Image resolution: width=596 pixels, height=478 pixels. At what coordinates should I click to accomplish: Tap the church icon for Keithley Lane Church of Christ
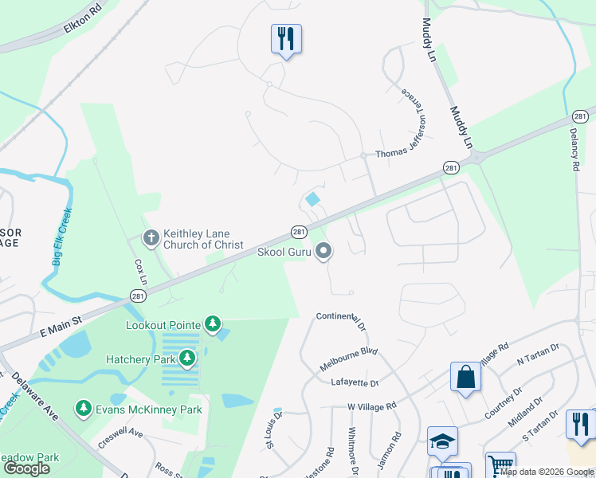pos(151,237)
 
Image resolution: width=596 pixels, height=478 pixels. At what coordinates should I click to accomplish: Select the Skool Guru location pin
pos(323,252)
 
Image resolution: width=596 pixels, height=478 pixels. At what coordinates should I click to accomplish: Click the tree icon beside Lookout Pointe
pos(212,323)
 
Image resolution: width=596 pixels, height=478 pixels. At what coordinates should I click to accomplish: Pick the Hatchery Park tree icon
pos(187,358)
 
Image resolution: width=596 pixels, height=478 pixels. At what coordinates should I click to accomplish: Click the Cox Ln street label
pos(141,271)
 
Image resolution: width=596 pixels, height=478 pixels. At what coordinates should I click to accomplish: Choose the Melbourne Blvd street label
pos(348,358)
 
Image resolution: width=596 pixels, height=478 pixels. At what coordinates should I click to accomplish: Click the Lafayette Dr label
pos(355,383)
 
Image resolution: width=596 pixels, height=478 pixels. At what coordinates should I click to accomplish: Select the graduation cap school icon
pos(443,441)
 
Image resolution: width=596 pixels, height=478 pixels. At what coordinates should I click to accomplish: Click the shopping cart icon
pos(500,465)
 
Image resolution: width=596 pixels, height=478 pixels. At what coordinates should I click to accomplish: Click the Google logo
pos(27,468)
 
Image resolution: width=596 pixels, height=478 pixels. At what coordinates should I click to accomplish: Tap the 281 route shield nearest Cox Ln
pos(138,296)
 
